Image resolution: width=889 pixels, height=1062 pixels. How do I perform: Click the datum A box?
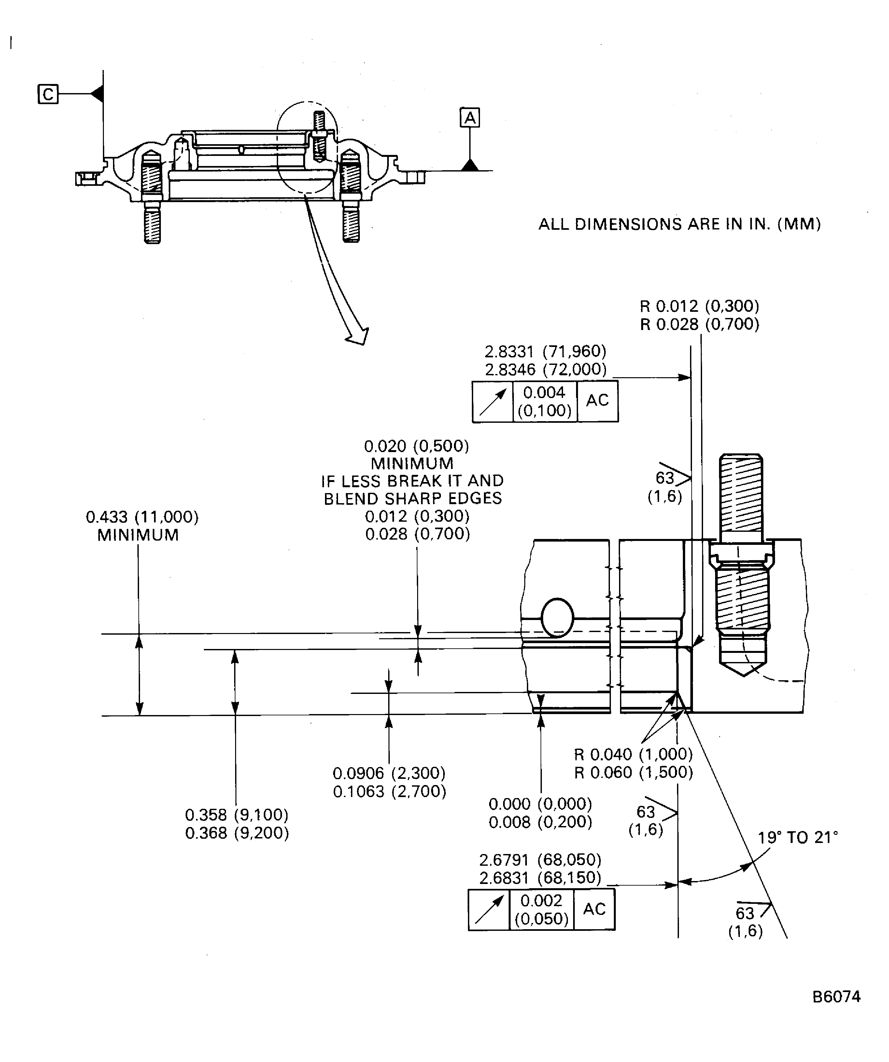click(470, 118)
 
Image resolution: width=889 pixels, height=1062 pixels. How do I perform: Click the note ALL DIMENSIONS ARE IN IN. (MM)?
click(679, 224)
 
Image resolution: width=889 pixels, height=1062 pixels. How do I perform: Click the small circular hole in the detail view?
click(557, 618)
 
